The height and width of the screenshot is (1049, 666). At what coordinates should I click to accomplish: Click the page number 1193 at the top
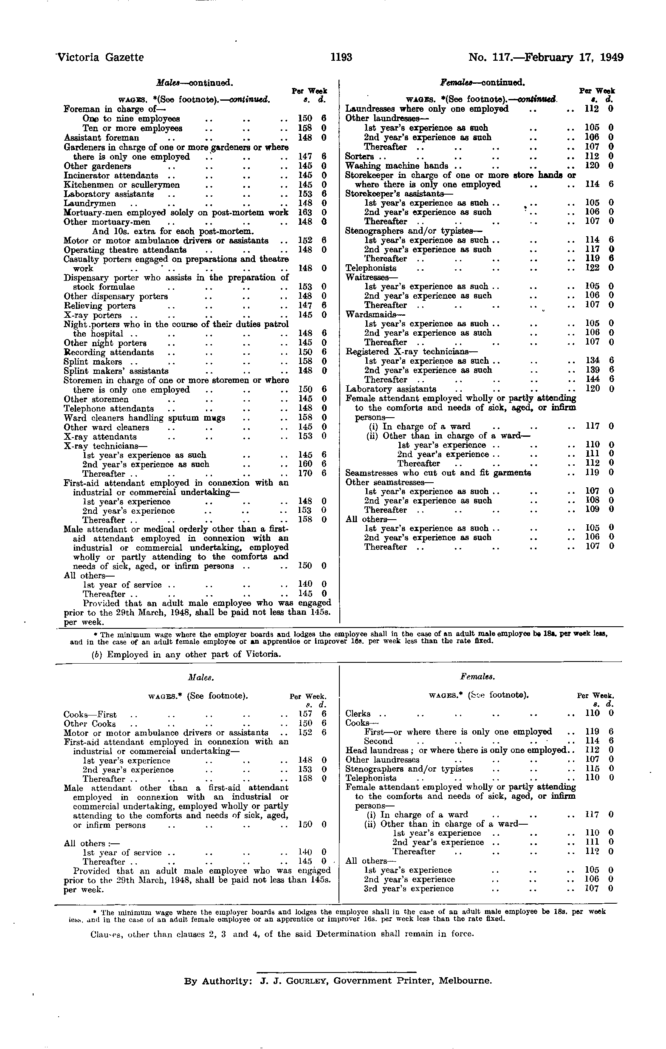point(341,57)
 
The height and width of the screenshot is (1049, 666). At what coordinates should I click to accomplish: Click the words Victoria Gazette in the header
point(101,57)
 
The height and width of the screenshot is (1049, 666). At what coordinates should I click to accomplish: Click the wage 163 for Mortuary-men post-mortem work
point(305,212)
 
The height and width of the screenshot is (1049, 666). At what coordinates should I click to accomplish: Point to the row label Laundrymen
point(90,204)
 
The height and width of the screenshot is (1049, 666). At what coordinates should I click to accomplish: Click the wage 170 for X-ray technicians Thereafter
point(305,474)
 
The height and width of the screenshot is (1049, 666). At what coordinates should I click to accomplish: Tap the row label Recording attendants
point(108,352)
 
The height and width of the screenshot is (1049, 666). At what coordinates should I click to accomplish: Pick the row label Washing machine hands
point(396,166)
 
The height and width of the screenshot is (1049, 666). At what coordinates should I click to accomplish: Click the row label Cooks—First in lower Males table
point(90,715)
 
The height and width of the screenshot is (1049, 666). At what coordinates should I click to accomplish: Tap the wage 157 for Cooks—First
point(305,715)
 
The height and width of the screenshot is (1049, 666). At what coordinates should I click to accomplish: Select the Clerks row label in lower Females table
point(358,713)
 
